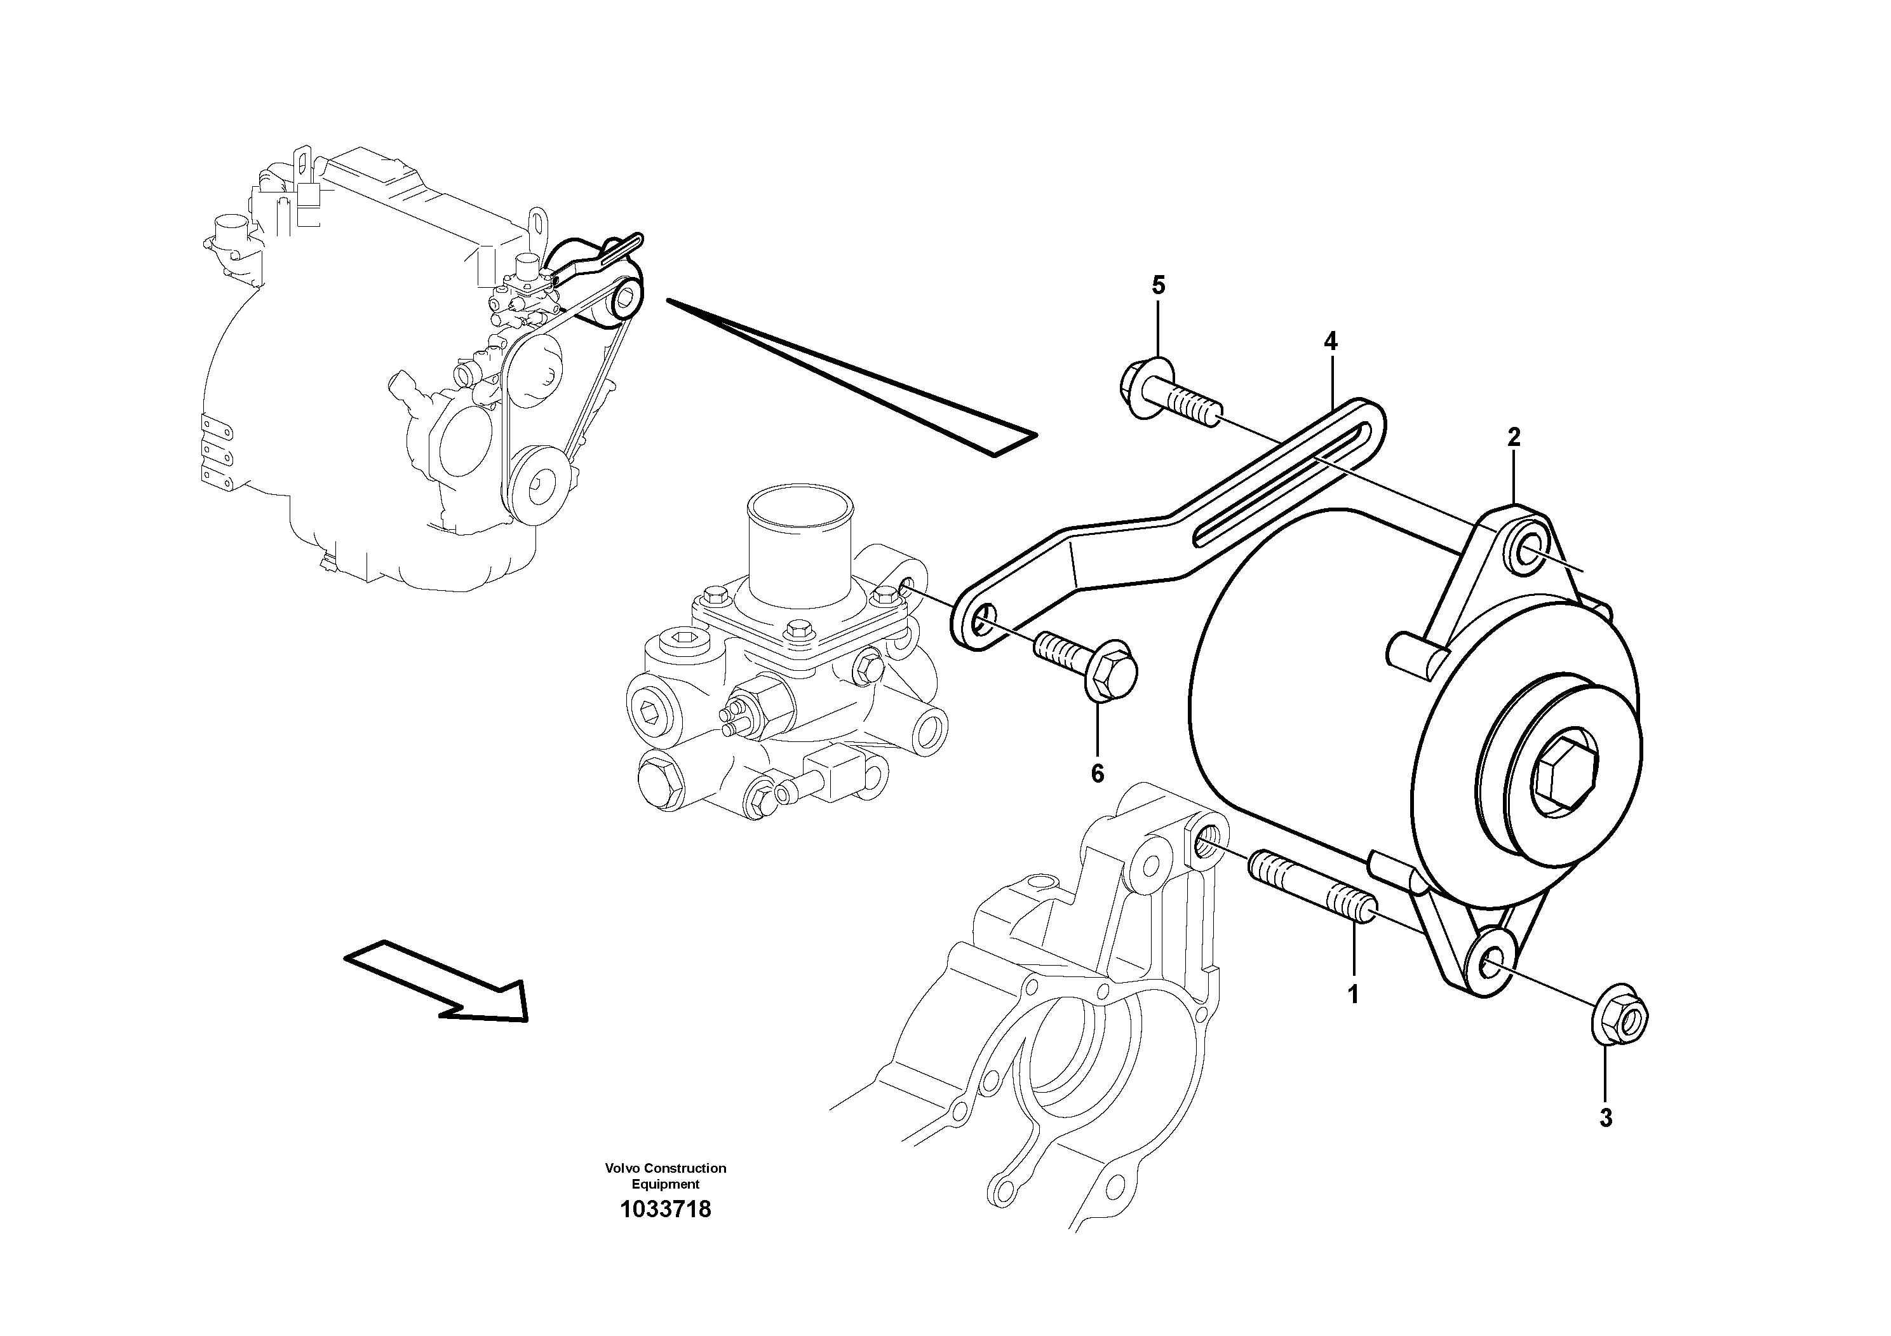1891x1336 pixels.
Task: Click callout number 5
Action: (1159, 286)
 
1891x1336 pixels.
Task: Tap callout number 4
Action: (1331, 341)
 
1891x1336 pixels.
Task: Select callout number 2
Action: (1514, 437)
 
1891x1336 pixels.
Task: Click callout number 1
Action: (1352, 994)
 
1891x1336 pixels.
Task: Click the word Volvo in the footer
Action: (622, 1168)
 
